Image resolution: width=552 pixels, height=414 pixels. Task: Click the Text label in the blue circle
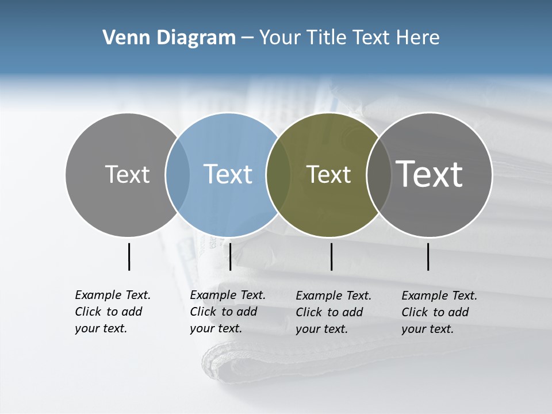pos(228,174)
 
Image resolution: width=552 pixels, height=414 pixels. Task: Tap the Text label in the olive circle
pos(328,175)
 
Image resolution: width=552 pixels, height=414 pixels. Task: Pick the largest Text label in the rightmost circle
pos(429,174)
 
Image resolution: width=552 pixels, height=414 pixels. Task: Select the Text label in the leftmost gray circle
pos(127,174)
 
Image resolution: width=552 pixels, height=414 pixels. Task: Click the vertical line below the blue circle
pos(230,256)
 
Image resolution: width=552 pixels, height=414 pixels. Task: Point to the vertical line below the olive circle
pos(331,256)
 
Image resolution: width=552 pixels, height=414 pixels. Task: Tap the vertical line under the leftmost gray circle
pos(129,256)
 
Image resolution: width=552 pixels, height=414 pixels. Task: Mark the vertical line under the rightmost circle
pos(428,256)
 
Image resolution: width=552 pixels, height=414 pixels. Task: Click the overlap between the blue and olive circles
pos(278,175)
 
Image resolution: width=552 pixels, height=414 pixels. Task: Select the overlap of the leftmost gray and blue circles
pos(178,175)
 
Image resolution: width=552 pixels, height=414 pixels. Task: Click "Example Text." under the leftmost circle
pos(113,295)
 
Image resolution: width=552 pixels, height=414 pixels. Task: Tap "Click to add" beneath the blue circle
pos(224,312)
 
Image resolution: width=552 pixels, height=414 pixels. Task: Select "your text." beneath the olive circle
pos(322,329)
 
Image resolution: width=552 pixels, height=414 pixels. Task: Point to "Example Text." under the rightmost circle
pos(439,296)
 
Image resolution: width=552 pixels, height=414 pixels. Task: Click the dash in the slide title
pos(247,39)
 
